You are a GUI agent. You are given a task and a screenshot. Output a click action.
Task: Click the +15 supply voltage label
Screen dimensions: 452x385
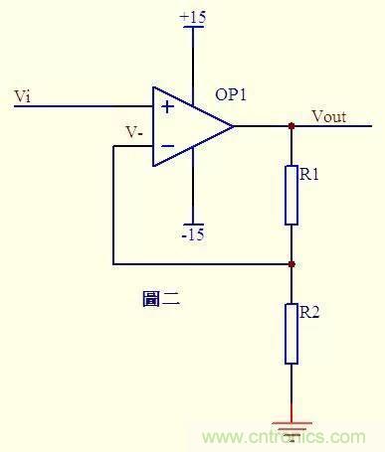pos(193,17)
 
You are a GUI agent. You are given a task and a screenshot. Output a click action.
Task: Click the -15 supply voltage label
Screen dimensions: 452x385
pos(193,234)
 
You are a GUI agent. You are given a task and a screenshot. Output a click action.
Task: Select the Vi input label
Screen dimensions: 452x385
pos(23,95)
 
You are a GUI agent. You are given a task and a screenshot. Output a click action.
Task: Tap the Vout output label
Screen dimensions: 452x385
pos(328,116)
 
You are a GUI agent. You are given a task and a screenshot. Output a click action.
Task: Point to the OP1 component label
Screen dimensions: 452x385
pos(231,95)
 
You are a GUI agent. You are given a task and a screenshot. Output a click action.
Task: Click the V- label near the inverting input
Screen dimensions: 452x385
pos(133,131)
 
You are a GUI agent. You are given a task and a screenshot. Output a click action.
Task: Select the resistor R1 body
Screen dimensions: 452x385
pos(291,195)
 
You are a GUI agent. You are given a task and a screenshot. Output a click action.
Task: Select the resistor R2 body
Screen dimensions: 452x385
pos(291,333)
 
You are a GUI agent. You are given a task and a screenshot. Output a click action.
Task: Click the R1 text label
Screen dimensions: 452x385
pos(309,175)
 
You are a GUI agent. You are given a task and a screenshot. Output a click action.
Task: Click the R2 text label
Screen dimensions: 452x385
pos(309,313)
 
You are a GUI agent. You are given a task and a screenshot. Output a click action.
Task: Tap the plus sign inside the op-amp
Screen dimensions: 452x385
pos(167,105)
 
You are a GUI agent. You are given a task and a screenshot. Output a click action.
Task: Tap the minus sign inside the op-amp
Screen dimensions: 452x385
pos(167,147)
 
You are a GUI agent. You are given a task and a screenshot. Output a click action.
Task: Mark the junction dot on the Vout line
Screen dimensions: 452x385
pos(291,126)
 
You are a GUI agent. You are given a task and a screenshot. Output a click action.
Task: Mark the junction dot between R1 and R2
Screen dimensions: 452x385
pos(291,264)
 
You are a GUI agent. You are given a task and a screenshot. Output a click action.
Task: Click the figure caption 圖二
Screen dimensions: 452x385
pos(160,298)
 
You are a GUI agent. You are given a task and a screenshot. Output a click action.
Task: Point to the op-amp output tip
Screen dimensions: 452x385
pos(234,126)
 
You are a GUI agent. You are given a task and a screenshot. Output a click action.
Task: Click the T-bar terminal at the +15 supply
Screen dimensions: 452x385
pos(193,29)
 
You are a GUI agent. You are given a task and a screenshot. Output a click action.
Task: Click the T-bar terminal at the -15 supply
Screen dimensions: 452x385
pos(193,223)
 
